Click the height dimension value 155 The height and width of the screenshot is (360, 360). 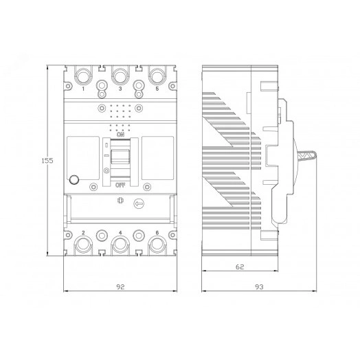[45, 160]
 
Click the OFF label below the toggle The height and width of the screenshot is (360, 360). [120, 185]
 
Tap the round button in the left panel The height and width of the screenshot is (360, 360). [74, 181]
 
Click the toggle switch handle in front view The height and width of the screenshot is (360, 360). [120, 155]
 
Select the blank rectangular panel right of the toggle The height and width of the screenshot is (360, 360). [157, 160]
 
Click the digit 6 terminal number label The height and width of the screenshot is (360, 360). [157, 234]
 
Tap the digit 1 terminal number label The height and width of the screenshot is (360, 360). [83, 89]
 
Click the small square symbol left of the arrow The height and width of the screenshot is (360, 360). [120, 202]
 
